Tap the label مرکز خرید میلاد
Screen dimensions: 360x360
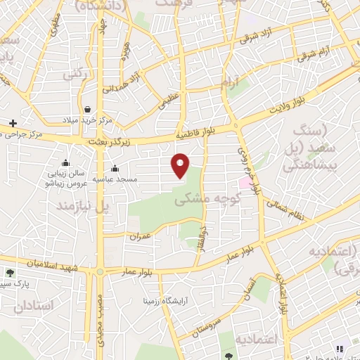tap(86, 120)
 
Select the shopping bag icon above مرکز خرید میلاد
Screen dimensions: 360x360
tap(87, 109)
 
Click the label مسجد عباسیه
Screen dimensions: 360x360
tap(115, 179)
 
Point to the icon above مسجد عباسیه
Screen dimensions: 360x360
tap(115, 169)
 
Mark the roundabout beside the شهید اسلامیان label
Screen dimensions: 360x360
tap(101, 271)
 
